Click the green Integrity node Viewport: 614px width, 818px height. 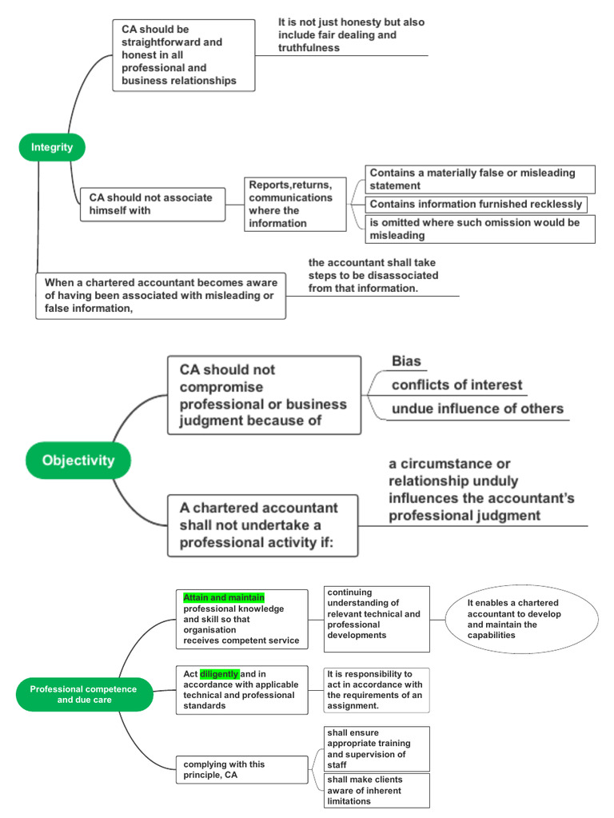52,147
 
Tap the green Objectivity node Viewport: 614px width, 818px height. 78,461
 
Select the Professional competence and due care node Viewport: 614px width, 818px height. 84,694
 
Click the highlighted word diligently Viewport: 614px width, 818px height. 219,674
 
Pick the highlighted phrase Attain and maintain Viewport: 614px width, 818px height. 224,597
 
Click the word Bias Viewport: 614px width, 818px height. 406,361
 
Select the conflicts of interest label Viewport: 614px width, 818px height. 457,385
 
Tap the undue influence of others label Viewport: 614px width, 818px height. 477,409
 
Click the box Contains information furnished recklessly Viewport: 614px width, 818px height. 476,205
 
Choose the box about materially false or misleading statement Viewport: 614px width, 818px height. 480,179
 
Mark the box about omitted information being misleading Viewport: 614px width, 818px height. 480,229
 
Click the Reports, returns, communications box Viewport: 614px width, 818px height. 295,204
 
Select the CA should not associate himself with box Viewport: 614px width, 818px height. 152,204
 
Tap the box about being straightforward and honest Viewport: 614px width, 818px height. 185,55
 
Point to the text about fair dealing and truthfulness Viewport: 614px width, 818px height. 351,35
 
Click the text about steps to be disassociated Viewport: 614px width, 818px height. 373,275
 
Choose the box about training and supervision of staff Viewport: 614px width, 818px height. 376,748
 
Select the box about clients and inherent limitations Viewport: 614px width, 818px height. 376,789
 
